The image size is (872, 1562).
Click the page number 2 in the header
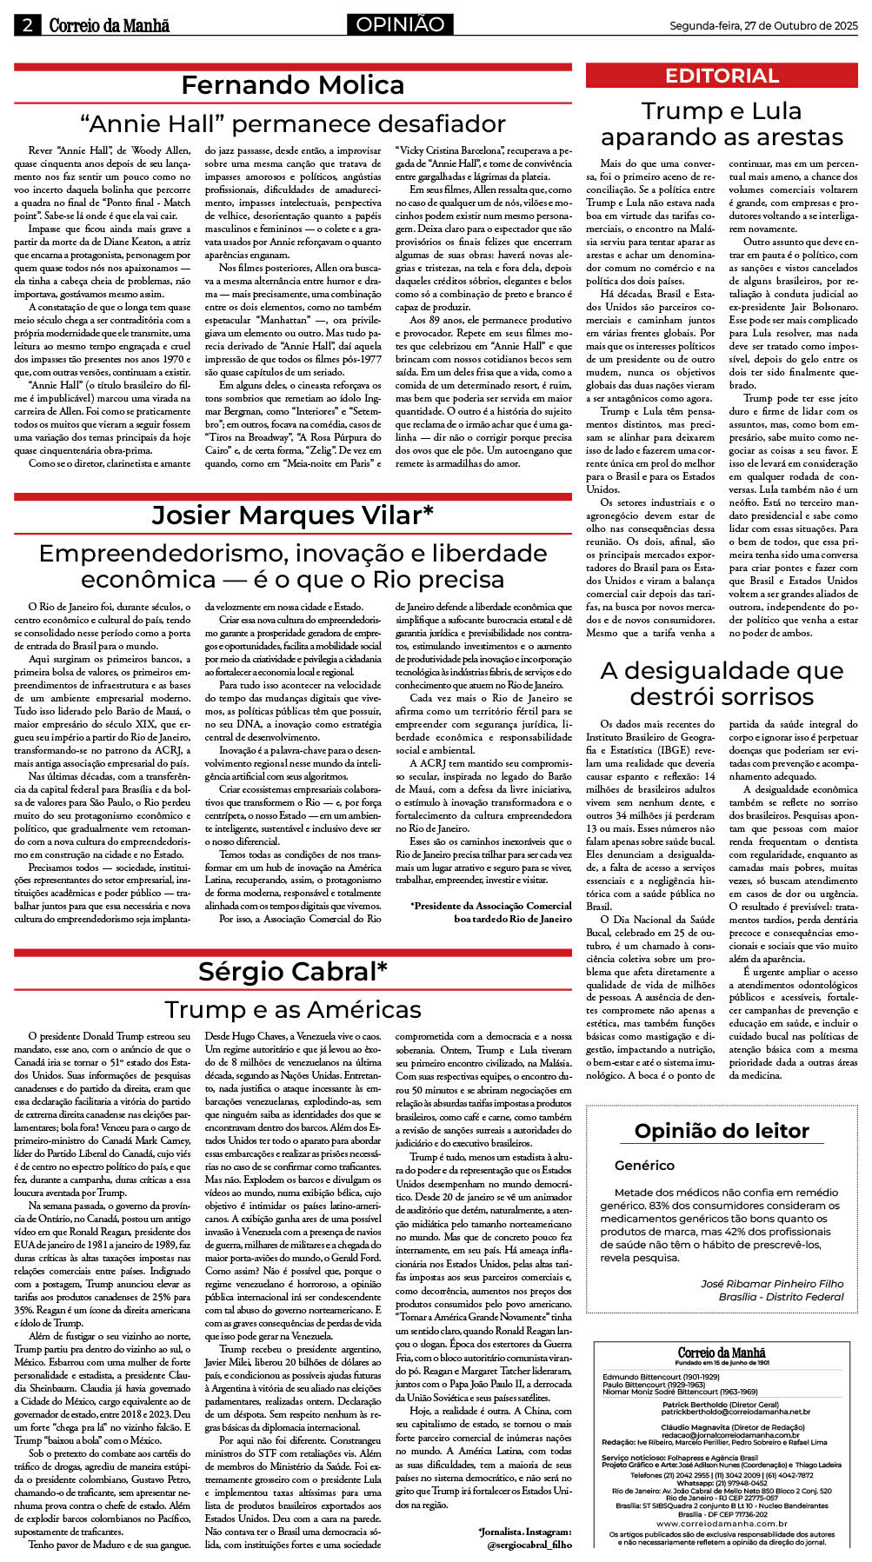coord(27,25)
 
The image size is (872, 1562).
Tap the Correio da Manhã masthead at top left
coord(109,25)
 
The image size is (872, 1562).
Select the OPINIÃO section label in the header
coord(400,24)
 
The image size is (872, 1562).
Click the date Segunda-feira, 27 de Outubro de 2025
coord(762,26)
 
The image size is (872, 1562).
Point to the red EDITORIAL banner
coord(722,76)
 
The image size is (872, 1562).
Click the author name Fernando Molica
coord(292,85)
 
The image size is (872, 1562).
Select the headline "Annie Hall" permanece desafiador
coord(292,123)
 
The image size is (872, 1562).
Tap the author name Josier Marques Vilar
coord(292,515)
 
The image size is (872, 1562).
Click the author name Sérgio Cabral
coord(292,971)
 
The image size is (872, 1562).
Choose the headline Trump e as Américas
coord(292,1009)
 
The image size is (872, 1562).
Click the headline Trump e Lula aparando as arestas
coord(722,124)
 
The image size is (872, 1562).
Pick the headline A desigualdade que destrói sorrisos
coord(722,683)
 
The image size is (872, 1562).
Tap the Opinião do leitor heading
coord(722,1130)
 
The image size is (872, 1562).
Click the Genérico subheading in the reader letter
coord(644,1165)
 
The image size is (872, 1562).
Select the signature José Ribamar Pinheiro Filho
coord(772,1283)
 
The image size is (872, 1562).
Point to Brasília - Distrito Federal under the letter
coord(781,1296)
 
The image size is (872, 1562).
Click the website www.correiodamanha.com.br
coord(722,1523)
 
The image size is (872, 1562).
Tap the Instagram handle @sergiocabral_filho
coord(529,1545)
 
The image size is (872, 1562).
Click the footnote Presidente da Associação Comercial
coord(491,906)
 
